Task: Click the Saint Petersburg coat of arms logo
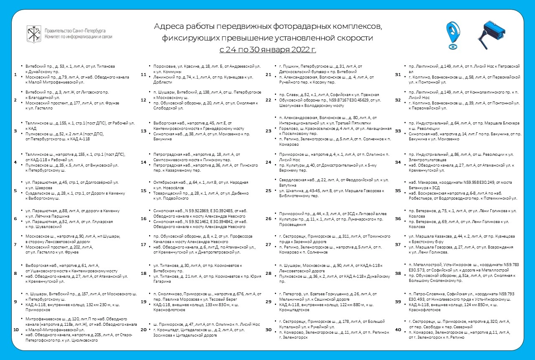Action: [33, 33]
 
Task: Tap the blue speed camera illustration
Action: [493, 33]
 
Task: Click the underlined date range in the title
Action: [268, 50]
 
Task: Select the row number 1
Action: [15, 75]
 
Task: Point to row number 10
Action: [16, 329]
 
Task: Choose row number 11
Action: [143, 75]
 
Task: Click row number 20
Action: [143, 329]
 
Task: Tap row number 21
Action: [269, 75]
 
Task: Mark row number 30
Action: [269, 329]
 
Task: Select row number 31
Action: [398, 75]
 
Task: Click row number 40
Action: [398, 329]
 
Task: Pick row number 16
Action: [143, 218]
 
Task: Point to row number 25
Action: [269, 190]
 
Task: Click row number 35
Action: [398, 190]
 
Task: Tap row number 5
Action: [15, 190]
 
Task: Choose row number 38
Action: [398, 274]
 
